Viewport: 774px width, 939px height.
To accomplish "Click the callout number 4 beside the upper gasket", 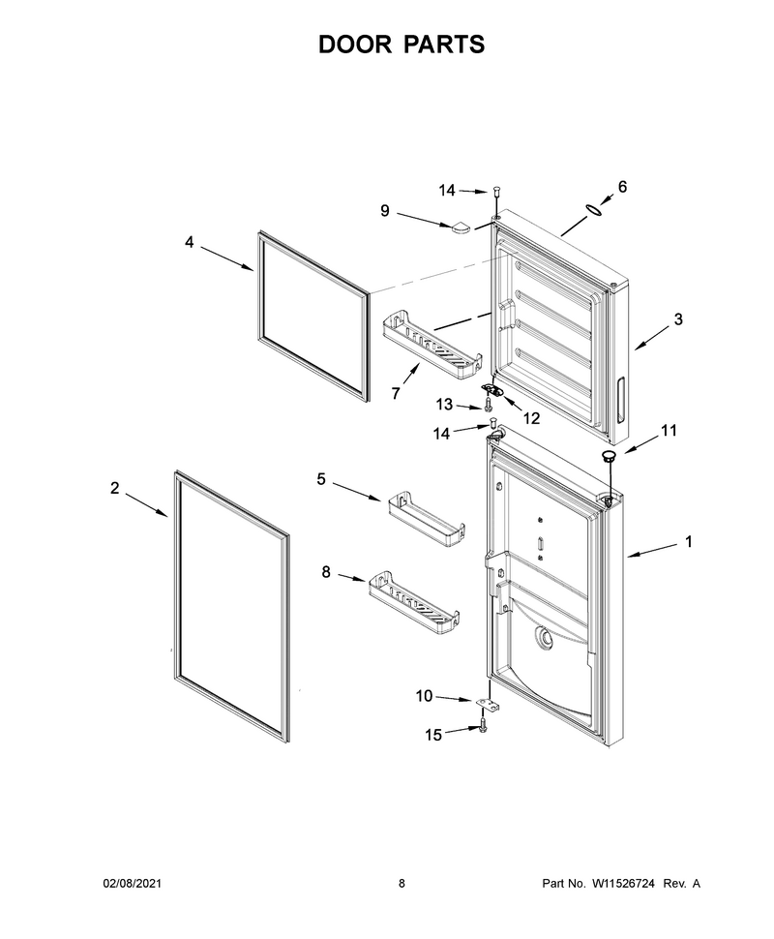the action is [190, 243].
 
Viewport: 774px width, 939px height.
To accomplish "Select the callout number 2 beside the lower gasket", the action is [115, 488].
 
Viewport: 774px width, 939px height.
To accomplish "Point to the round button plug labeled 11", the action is [609, 457].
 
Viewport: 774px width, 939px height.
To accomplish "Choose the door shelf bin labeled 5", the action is [427, 519].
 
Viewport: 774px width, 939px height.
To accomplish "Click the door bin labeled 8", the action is [414, 602].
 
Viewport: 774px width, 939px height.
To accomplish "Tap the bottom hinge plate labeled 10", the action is [488, 705].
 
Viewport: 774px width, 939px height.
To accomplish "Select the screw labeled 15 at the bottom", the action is [484, 727].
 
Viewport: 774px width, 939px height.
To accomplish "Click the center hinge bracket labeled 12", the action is [493, 390].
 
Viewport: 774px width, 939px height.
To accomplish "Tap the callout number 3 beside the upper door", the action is [677, 319].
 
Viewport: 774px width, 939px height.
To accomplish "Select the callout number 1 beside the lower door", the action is [689, 541].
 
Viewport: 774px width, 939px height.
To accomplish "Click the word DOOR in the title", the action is [355, 45].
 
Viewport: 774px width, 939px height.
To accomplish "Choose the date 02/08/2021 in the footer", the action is [133, 883].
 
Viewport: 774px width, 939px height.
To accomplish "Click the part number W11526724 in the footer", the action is [623, 883].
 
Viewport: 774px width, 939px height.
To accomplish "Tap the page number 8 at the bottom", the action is [402, 883].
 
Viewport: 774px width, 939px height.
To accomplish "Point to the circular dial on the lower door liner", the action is [544, 638].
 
